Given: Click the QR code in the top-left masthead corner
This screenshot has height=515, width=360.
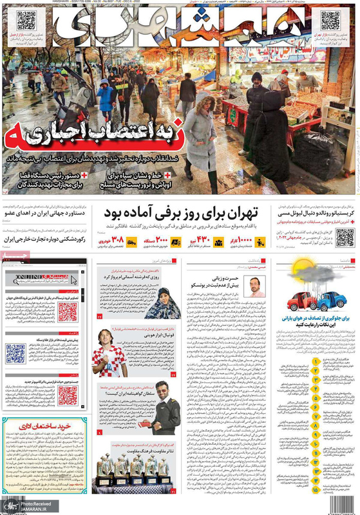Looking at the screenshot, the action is click(x=26, y=21).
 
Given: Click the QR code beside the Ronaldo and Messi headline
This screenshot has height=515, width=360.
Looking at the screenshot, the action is click(x=344, y=237).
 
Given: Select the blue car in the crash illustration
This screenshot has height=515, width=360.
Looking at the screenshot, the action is click(x=329, y=299).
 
